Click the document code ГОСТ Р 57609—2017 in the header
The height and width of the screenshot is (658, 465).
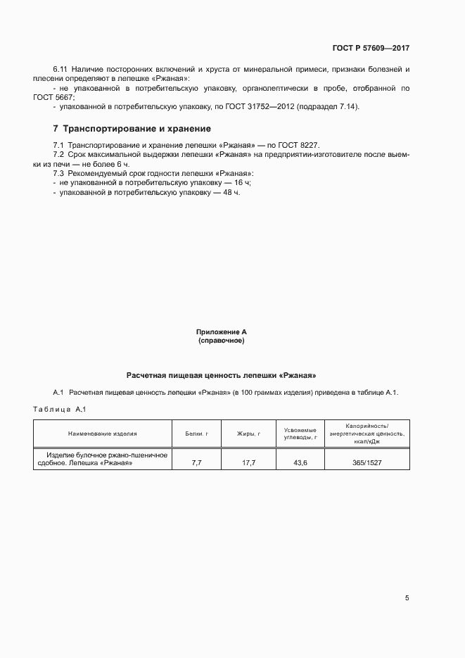pyautogui.click(x=371, y=49)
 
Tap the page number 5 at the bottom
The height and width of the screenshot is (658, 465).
pyautogui.click(x=407, y=598)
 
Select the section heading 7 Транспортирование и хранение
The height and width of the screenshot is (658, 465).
pyautogui.click(x=132, y=129)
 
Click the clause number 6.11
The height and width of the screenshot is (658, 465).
pyautogui.click(x=61, y=70)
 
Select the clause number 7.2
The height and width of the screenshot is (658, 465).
pyautogui.click(x=58, y=153)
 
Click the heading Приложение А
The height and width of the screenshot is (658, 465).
pyautogui.click(x=221, y=331)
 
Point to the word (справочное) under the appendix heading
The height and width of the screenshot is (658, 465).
pyautogui.click(x=221, y=341)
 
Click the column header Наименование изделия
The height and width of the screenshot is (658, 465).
pyautogui.click(x=103, y=434)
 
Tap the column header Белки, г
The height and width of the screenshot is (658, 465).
pyautogui.click(x=196, y=434)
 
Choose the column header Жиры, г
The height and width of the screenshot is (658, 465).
pyautogui.click(x=248, y=434)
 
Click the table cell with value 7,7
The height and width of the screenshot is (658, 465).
pyautogui.click(x=197, y=463)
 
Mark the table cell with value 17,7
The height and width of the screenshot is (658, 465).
pyautogui.click(x=248, y=463)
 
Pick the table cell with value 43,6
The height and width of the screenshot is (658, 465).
pyautogui.click(x=300, y=463)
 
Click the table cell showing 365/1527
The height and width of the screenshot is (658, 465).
pyautogui.click(x=372, y=463)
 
